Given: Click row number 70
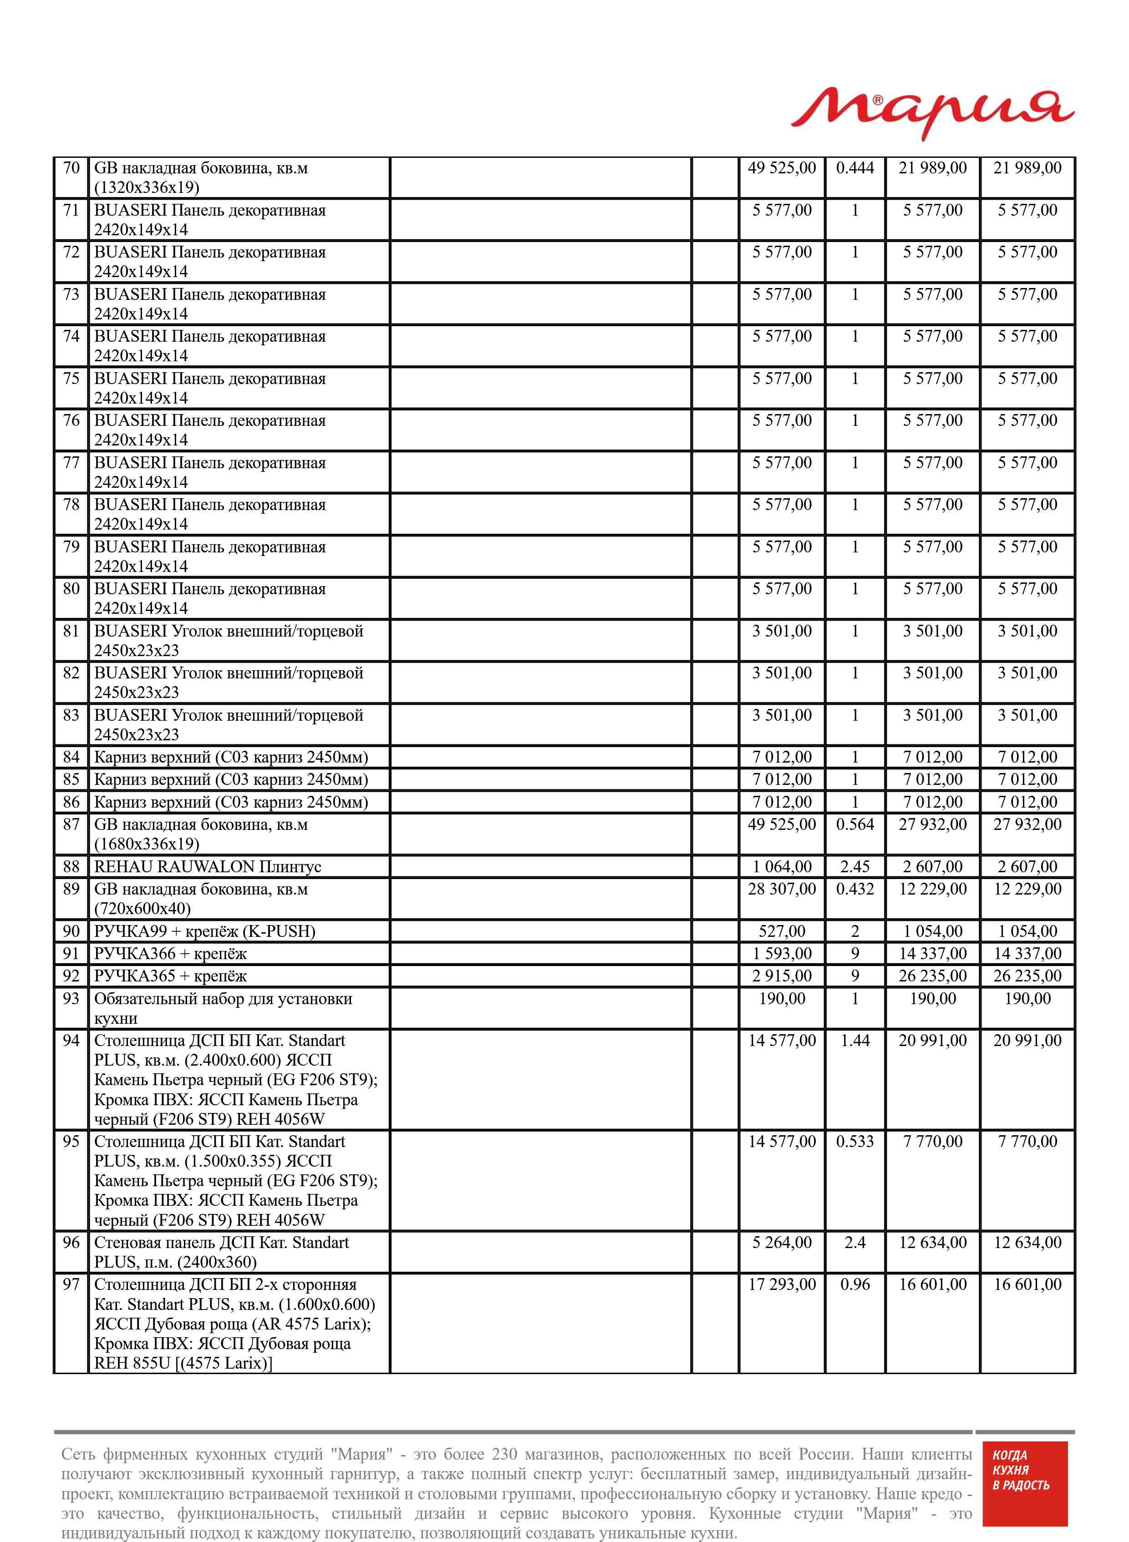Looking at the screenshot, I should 71,168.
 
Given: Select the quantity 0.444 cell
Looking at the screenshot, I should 855,168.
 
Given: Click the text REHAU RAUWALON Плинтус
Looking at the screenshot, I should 207,867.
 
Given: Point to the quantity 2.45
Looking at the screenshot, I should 855,867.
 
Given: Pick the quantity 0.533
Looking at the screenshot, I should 855,1141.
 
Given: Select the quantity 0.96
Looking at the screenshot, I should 855,1284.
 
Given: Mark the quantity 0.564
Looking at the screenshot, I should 855,824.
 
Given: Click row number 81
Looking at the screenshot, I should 71,631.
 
